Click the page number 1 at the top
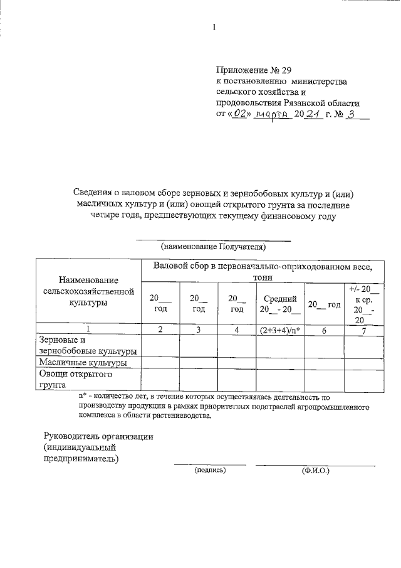pyautogui.click(x=214, y=27)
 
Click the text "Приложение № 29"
pyautogui.click(x=254, y=69)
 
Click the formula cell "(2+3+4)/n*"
pyautogui.click(x=279, y=329)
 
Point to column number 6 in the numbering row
pyautogui.click(x=324, y=329)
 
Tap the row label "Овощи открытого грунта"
pyautogui.click(x=75, y=380)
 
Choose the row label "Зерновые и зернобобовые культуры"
pyautogui.click(x=88, y=345)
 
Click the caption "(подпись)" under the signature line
pyautogui.click(x=210, y=469)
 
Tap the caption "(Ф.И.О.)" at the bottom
pyautogui.click(x=315, y=469)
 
